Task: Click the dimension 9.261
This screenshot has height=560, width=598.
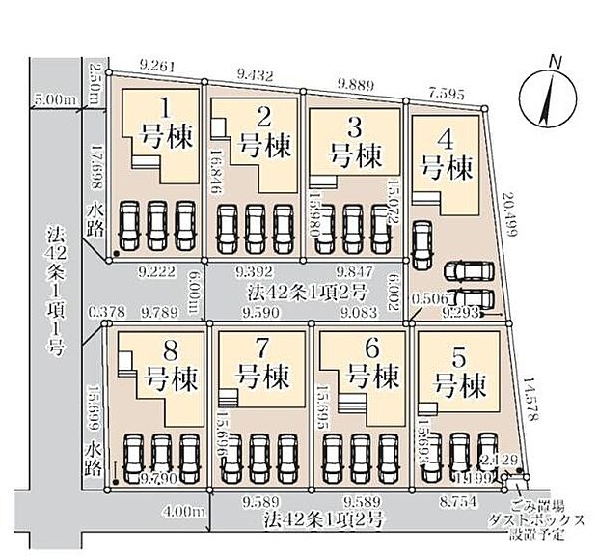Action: (x=155, y=66)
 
